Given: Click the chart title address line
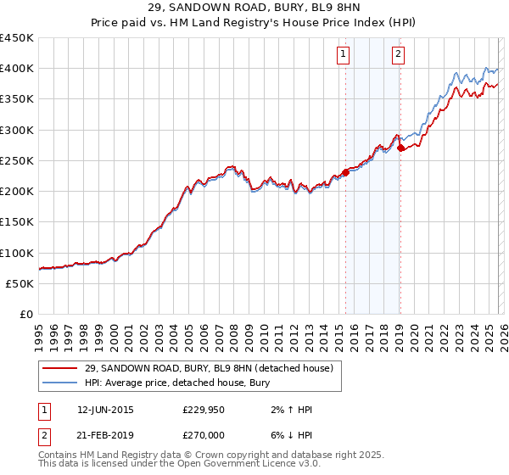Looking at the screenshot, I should coord(255,8).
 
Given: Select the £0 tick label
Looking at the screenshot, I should coord(27,315).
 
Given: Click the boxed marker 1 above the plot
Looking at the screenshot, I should coord(344,55).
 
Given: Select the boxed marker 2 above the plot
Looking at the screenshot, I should coord(398,55).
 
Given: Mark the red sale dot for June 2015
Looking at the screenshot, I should coord(345,173).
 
